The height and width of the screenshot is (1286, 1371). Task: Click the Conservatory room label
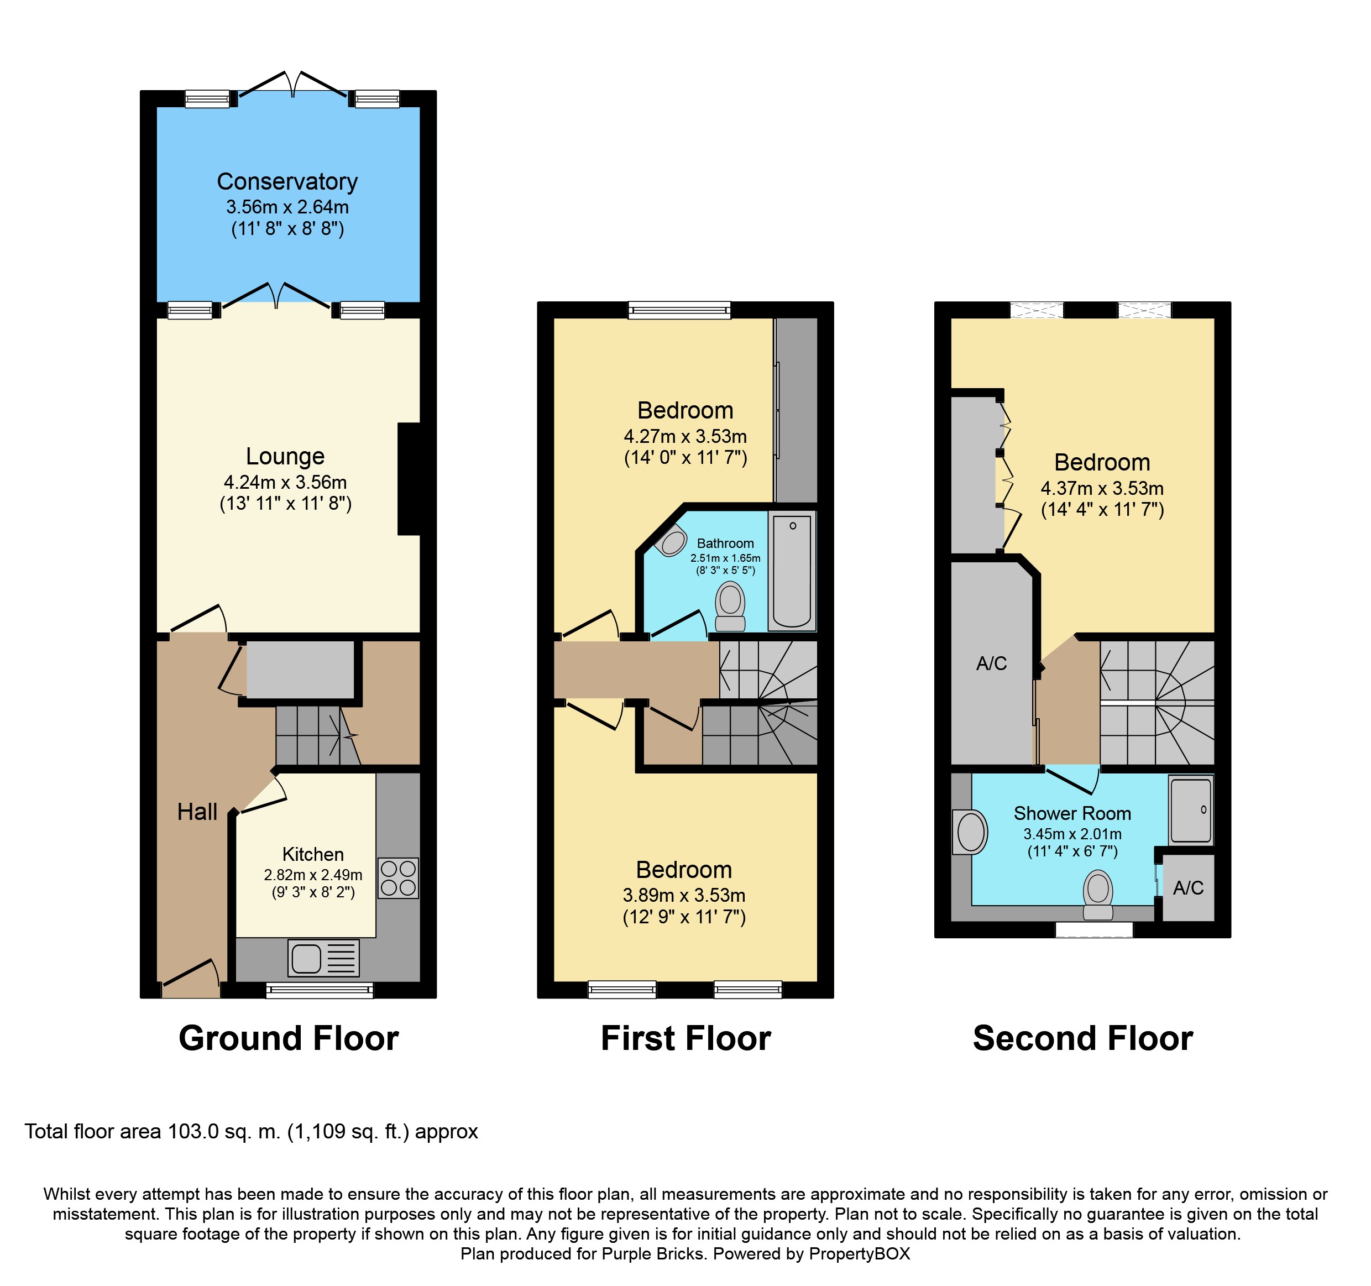[287, 181]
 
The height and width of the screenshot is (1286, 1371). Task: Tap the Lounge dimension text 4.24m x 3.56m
[285, 482]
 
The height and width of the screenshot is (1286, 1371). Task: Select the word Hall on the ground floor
[197, 812]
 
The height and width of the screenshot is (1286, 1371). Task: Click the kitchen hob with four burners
[399, 878]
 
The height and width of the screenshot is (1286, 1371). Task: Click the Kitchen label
[313, 854]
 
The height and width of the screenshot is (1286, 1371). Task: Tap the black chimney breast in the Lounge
[409, 479]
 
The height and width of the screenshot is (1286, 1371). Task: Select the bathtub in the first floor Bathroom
[792, 571]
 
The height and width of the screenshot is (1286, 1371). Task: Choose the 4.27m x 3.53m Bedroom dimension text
[685, 436]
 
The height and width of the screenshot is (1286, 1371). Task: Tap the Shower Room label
[1072, 814]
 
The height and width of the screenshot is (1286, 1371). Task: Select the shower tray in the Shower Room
[1191, 810]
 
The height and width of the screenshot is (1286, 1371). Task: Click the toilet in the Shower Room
[1098, 895]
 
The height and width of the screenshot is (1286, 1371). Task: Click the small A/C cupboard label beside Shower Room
[1188, 888]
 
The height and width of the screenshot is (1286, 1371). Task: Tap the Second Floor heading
[1083, 1038]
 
